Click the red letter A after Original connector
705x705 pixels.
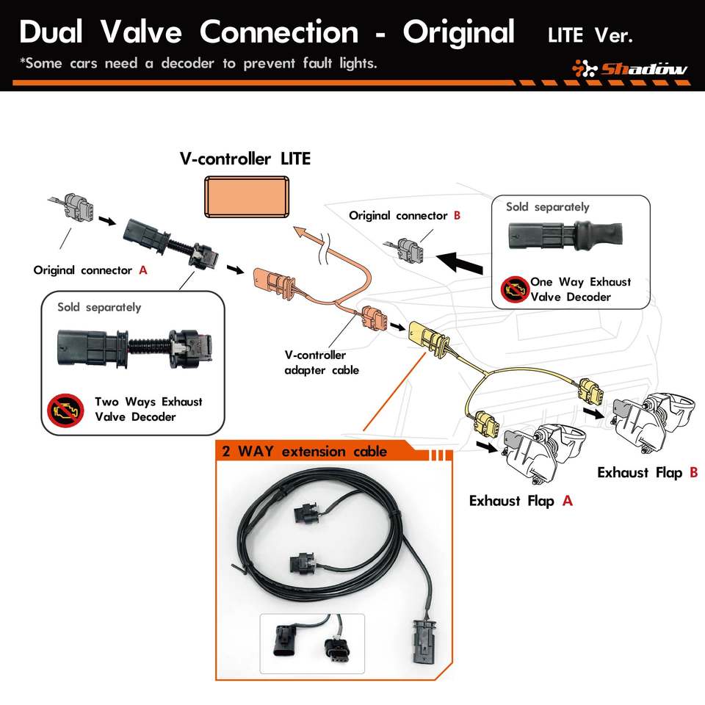(143, 270)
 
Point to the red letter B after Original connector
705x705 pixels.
(457, 216)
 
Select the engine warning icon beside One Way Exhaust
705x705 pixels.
(513, 289)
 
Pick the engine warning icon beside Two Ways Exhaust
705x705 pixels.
(64, 410)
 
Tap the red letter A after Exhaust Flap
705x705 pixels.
(567, 501)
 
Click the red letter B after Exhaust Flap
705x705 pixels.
(693, 472)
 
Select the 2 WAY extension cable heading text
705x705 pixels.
(304, 451)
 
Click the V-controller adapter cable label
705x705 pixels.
(322, 363)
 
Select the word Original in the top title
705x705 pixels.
(458, 32)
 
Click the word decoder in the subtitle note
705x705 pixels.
(187, 63)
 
